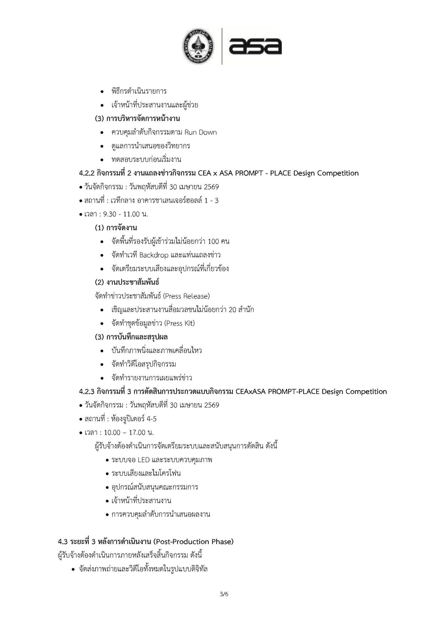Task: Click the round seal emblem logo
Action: point(197,46)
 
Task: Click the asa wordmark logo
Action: point(255,46)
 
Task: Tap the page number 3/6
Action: point(224,594)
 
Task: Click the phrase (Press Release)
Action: point(186,296)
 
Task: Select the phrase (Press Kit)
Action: point(180,323)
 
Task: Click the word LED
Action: point(144,460)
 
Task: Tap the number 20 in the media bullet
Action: point(232,310)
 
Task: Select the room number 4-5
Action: point(152,419)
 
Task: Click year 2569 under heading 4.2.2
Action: point(211,187)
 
